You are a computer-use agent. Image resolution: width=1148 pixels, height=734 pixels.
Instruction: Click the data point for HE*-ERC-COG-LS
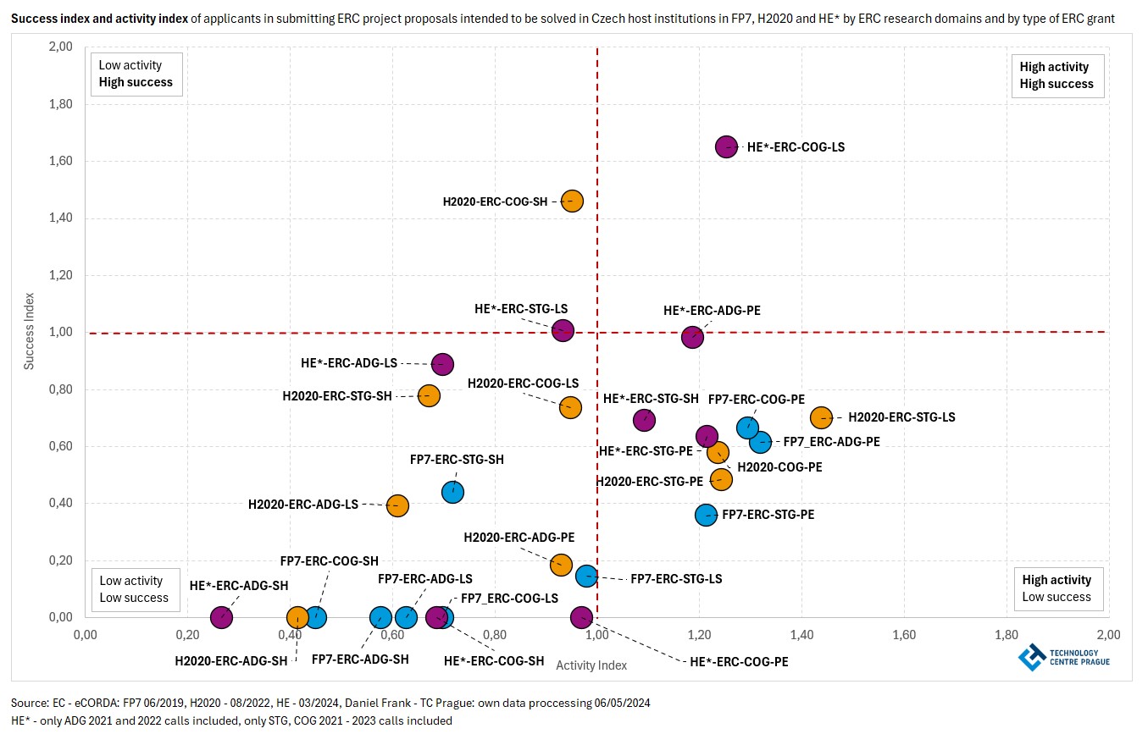pos(726,146)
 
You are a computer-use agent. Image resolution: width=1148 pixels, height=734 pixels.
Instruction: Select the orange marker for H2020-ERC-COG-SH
pos(572,201)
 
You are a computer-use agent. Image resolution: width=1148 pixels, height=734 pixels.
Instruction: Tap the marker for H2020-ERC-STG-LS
pos(821,417)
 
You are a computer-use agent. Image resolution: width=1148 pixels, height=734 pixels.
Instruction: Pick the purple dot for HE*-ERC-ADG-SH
pos(221,617)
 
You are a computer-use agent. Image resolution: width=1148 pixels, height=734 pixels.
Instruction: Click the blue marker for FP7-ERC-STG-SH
pos(453,491)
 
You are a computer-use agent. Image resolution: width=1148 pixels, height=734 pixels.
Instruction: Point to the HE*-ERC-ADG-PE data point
pos(693,336)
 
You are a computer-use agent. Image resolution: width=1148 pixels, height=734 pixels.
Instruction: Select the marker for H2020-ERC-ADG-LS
pos(397,505)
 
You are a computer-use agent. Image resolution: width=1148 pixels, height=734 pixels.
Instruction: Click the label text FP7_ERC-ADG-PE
pos(831,441)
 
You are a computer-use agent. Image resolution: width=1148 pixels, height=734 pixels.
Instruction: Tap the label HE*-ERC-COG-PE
pos(739,661)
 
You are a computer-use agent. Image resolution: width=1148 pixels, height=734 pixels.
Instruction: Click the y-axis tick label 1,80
pos(59,104)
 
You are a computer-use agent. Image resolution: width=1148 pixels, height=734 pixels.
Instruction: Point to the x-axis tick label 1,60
pos(904,634)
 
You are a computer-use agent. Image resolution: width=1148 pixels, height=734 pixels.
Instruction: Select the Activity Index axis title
pos(591,665)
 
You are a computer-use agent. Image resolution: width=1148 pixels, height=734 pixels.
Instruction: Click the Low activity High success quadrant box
pos(136,74)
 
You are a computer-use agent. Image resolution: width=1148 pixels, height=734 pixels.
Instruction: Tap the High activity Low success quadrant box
pos(1056,588)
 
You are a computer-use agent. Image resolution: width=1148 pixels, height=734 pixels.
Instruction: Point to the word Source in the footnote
pos(29,704)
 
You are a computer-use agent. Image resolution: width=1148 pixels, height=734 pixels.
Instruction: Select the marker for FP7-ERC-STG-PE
pos(707,515)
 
